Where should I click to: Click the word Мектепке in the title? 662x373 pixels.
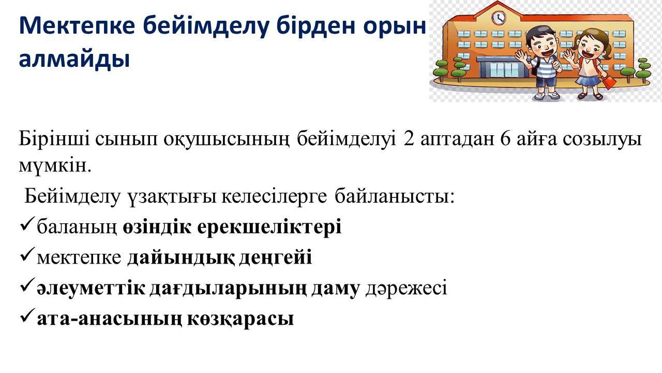click(77, 26)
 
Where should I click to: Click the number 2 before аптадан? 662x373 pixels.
click(409, 138)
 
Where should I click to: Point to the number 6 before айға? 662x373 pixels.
click(506, 138)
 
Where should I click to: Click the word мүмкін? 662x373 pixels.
click(55, 166)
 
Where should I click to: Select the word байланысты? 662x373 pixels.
click(395, 196)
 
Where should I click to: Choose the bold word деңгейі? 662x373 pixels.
click(276, 257)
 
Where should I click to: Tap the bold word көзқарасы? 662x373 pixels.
click(240, 319)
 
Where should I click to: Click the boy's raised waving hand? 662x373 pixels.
click(521, 56)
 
